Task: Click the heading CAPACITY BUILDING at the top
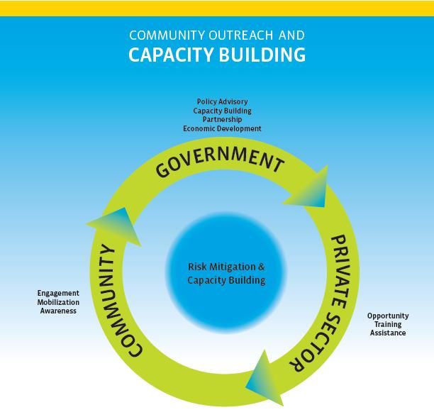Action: point(217,55)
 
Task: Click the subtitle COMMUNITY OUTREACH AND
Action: point(217,34)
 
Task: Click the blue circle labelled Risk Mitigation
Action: point(226,273)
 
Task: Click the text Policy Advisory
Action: point(222,102)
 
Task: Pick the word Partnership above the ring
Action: point(222,120)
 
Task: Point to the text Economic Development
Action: point(222,129)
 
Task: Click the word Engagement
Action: point(58,294)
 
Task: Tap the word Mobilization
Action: point(58,302)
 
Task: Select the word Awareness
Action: point(58,311)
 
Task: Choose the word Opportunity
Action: point(388,316)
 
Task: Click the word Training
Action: point(388,324)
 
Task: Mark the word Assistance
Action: point(388,333)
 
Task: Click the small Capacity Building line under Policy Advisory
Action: point(222,111)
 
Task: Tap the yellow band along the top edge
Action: point(217,8)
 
